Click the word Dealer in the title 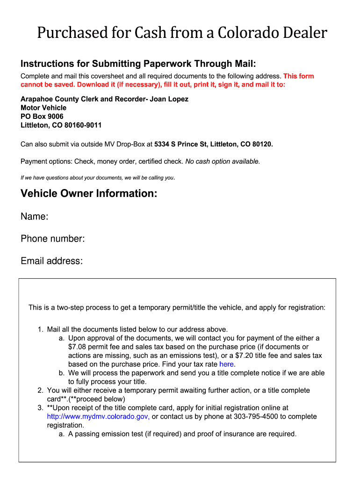coord(302,33)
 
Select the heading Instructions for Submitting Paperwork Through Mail coord(138,64)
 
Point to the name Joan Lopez coord(169,99)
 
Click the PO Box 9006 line coord(42,116)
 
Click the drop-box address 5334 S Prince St coord(180,144)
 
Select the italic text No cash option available coord(223,161)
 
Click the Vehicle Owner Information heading coord(89,193)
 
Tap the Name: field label coord(35,217)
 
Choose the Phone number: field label coord(53,239)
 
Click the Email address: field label coord(51,261)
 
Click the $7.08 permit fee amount coord(78,347)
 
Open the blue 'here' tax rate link coord(227,364)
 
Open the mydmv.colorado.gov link coord(98,416)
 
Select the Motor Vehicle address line coord(43,108)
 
